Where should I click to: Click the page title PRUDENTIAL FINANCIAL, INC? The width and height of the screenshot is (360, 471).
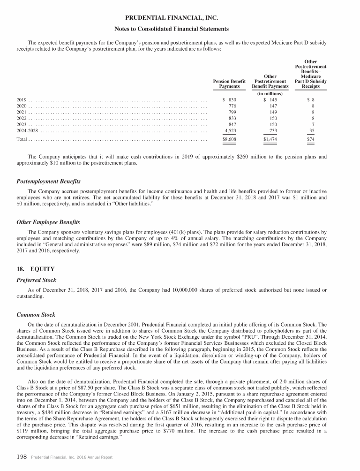click(x=180, y=18)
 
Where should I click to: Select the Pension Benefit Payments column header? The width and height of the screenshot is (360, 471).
click(x=230, y=83)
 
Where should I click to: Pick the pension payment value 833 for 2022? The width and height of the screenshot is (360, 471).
click(x=232, y=119)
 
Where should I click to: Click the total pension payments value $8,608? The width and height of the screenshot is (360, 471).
click(x=230, y=140)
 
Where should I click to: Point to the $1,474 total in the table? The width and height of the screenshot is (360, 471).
click(x=270, y=140)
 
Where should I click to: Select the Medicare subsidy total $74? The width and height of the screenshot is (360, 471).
click(x=310, y=140)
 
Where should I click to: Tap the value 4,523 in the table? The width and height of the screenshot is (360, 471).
click(x=231, y=131)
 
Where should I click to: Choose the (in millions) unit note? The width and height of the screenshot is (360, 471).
click(x=270, y=93)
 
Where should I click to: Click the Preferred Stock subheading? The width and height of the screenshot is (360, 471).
click(x=37, y=280)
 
